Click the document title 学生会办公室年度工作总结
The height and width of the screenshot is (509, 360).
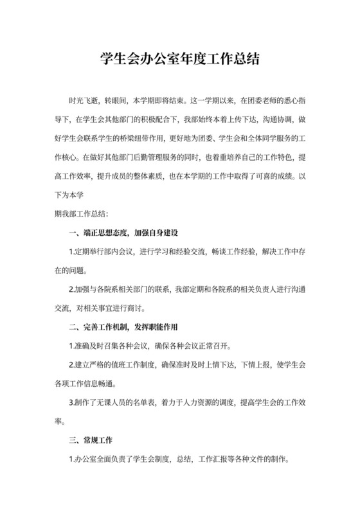[x=180, y=61]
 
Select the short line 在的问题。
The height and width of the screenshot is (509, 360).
[x=71, y=270]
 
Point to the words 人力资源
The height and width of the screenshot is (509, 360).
[x=212, y=403]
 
